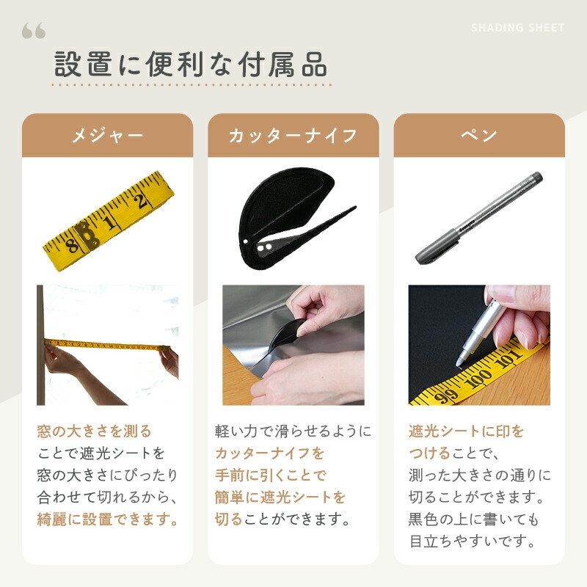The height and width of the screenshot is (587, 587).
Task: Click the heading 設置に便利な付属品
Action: pos(191,65)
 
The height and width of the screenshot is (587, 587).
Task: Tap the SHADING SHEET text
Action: pos(518,28)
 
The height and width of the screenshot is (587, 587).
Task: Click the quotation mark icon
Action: pos(34,30)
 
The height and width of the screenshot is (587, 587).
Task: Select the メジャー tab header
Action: pos(107,135)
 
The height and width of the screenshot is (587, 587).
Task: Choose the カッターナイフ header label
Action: pos(293,135)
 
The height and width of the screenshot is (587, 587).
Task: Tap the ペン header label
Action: pos(479,135)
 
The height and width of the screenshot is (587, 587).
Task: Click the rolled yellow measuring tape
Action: pos(109,221)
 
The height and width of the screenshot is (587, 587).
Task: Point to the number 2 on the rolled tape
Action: pos(141,201)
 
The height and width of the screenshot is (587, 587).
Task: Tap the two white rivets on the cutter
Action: pos(264,247)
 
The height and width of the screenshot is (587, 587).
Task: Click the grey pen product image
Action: pos(479,218)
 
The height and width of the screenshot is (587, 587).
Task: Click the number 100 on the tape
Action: pos(480,379)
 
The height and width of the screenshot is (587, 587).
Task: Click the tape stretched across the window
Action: pos(107,345)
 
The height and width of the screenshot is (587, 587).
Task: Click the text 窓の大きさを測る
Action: pos(94,431)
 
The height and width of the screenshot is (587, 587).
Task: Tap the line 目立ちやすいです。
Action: pos(473,542)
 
